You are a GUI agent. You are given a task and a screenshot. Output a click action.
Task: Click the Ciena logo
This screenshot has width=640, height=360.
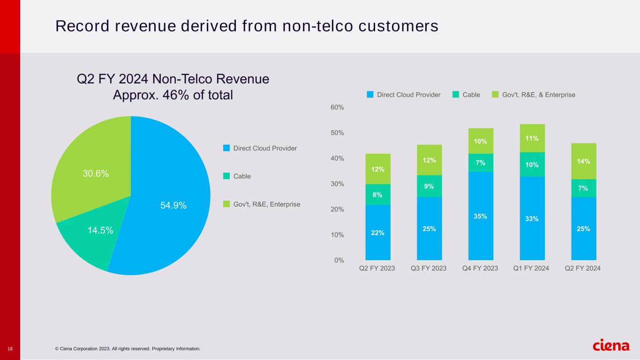tap(611, 345)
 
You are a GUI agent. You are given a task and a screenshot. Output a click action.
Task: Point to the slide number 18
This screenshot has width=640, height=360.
tap(10, 348)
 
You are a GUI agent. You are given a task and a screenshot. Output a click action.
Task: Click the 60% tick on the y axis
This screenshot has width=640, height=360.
tap(338, 107)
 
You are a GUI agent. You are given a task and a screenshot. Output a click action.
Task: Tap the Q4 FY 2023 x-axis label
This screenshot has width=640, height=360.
tap(481, 269)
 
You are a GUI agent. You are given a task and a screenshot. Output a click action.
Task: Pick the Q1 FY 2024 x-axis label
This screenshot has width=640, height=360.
tap(532, 269)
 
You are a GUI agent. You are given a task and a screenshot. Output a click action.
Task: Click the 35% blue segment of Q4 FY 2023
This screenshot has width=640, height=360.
tap(481, 216)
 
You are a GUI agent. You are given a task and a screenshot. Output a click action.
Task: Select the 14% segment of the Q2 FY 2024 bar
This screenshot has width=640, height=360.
tap(584, 161)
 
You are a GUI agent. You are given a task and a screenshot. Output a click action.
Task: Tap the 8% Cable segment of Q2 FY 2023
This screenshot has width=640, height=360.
tap(378, 194)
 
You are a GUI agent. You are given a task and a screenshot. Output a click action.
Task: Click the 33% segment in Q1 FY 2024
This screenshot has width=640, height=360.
tap(532, 218)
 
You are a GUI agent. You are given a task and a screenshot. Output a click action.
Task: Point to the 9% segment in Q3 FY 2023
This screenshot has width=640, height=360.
tap(429, 186)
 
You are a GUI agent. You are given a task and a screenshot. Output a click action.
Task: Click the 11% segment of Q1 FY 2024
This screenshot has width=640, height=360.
tap(532, 138)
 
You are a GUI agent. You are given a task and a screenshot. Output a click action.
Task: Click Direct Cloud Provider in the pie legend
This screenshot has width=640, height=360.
tap(265, 148)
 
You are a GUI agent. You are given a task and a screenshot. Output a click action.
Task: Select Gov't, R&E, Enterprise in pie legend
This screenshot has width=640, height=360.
tap(266, 204)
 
